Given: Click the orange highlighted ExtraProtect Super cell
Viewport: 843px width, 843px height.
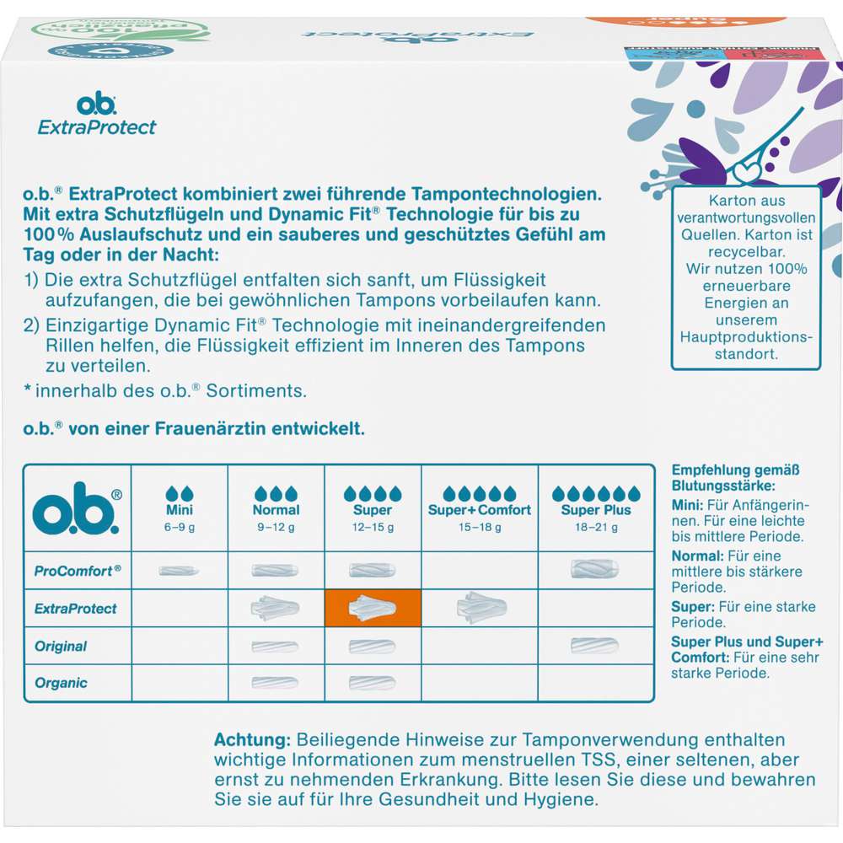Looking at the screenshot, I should (373, 608).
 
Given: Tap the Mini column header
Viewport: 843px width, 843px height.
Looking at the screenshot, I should (179, 509).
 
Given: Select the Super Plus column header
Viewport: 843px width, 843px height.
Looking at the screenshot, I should (596, 509).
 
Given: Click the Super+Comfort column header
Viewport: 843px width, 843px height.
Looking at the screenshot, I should (479, 509).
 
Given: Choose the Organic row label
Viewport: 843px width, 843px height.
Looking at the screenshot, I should (61, 683).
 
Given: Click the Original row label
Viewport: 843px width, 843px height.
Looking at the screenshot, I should (61, 646).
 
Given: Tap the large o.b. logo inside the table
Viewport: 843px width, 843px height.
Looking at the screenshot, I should (77, 507).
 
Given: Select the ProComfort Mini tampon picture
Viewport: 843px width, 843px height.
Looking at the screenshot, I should (179, 571).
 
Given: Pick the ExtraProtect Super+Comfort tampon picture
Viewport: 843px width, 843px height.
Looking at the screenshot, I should (480, 607).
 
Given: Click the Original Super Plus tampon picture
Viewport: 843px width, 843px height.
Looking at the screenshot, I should (594, 646).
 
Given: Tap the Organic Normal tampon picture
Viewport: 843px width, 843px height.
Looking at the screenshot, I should (275, 683).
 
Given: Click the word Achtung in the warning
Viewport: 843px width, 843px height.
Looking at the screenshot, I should (251, 739).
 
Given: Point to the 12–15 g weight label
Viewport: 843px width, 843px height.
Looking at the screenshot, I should (373, 528).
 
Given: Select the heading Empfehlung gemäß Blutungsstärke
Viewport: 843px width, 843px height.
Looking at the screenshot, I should (735, 478).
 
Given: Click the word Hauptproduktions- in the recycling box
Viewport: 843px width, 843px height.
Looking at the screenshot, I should (746, 336).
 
